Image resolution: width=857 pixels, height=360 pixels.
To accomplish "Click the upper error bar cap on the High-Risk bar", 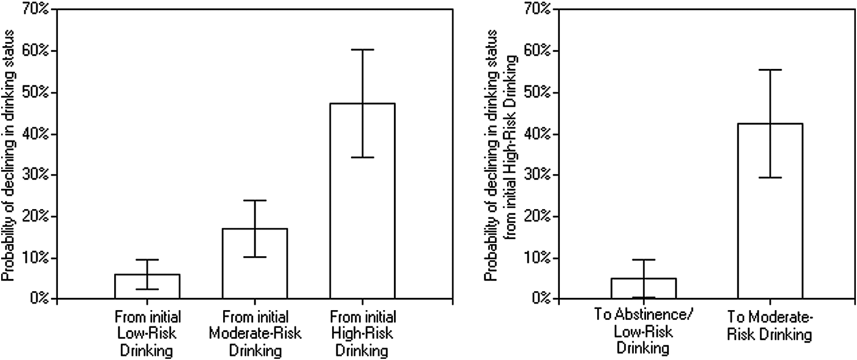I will (362, 50).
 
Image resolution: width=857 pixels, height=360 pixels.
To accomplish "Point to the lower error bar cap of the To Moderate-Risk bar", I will (770, 178).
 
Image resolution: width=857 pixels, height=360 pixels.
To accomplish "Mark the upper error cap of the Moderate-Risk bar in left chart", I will (255, 200).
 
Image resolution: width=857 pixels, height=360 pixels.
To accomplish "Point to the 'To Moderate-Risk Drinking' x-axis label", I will (770, 325).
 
